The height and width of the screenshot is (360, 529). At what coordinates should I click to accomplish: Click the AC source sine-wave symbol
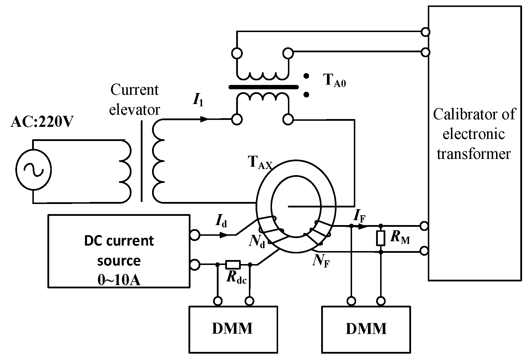click(x=34, y=169)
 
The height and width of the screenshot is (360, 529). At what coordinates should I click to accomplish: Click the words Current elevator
click(x=134, y=100)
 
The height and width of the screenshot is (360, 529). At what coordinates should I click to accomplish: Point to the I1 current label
click(x=198, y=100)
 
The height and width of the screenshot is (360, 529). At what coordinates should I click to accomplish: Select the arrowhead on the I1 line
click(x=204, y=119)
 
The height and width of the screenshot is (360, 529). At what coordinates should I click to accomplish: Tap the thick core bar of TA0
click(x=263, y=87)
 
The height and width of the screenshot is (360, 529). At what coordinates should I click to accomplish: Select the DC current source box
click(x=119, y=251)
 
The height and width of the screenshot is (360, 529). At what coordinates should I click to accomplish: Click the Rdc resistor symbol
click(x=233, y=264)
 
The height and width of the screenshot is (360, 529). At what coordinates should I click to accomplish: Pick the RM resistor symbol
click(x=381, y=238)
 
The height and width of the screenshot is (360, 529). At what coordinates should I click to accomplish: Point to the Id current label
click(x=221, y=221)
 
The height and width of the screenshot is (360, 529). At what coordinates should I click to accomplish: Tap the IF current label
click(x=360, y=216)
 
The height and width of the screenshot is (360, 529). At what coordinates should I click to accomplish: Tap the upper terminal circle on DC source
click(x=195, y=235)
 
